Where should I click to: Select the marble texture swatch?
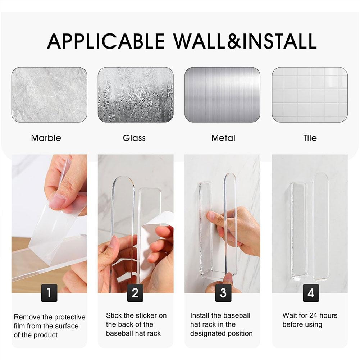49,95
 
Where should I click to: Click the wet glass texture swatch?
136,95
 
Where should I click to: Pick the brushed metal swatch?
222,95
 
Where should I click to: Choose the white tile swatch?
310,95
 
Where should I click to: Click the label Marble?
46,138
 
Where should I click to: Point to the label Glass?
134,138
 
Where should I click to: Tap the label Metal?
223,138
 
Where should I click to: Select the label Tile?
310,138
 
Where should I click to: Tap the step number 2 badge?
135,293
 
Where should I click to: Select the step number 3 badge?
223,293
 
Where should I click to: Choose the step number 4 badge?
311,293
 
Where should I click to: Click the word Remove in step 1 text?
26,317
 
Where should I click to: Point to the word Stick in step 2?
114,315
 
